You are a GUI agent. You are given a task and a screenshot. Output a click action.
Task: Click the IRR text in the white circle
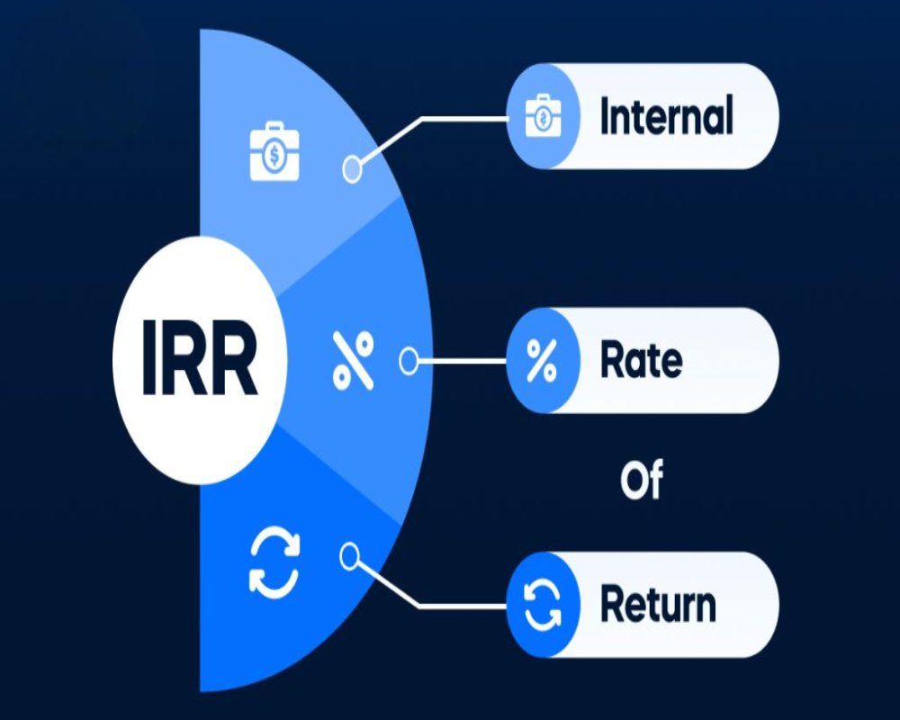click(x=200, y=361)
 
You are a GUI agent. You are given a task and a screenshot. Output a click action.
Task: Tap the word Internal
click(x=666, y=117)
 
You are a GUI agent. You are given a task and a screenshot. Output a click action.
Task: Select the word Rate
click(x=641, y=361)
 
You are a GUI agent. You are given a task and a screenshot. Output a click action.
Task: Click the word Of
click(x=641, y=481)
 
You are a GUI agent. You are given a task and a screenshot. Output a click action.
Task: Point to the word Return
click(x=658, y=604)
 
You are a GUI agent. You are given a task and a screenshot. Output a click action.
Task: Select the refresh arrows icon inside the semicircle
click(x=274, y=564)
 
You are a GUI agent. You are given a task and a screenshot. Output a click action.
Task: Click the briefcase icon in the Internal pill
click(x=544, y=117)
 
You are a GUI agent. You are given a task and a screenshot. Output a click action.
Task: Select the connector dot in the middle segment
click(x=408, y=361)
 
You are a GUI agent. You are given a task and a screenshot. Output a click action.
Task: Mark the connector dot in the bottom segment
click(x=350, y=555)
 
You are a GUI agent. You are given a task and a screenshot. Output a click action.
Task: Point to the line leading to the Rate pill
click(x=459, y=361)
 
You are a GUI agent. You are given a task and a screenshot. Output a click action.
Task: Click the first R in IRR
click(x=185, y=361)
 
